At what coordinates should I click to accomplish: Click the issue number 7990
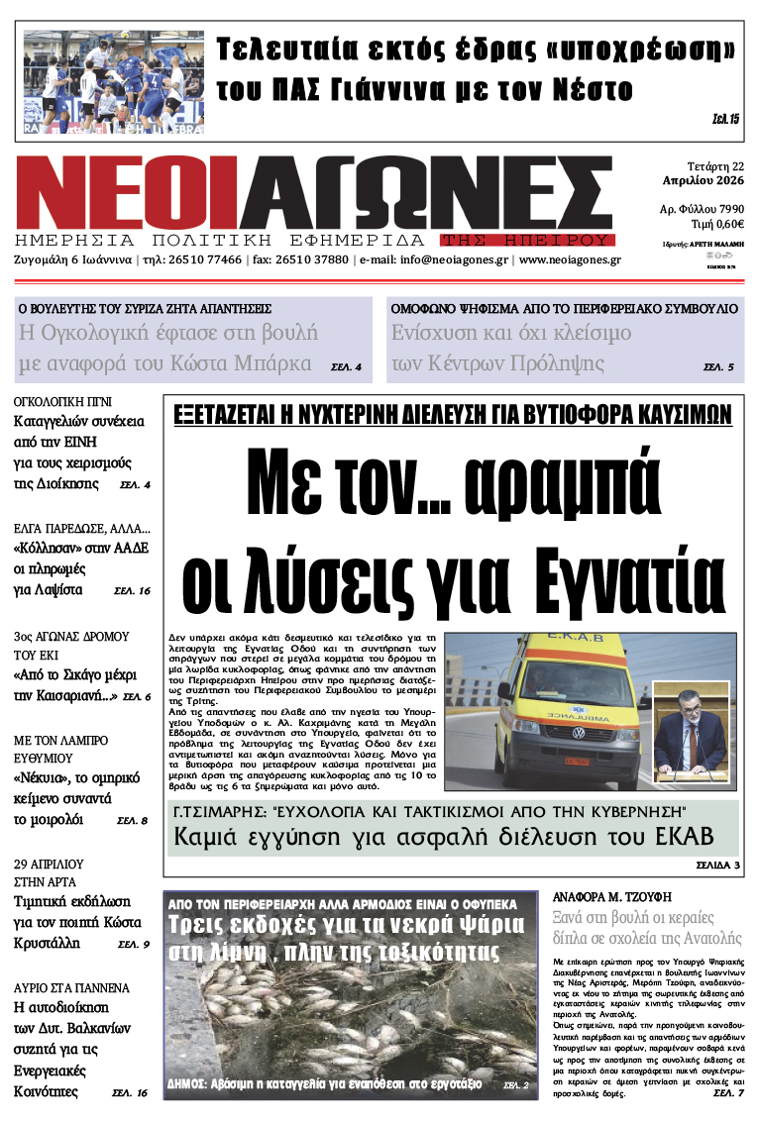[x=726, y=209]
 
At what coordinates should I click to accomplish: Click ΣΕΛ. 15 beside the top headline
[x=725, y=119]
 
